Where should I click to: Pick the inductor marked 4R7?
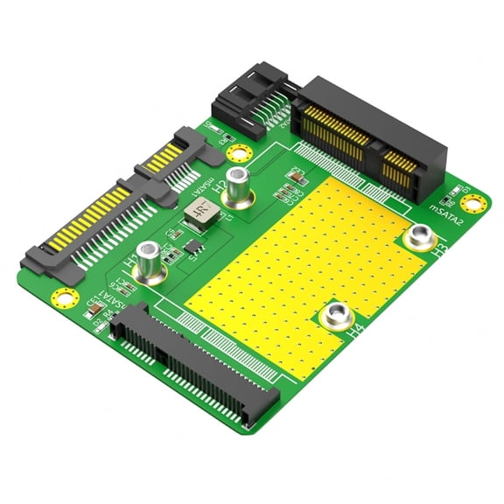click(x=198, y=212)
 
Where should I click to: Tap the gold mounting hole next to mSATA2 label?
click(x=473, y=204)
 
